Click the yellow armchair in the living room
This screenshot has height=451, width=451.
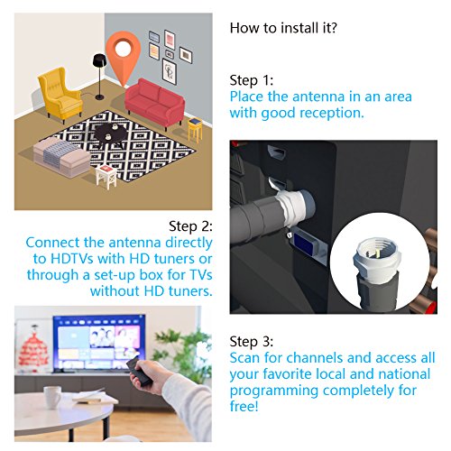60,95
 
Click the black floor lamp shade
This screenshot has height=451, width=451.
99,60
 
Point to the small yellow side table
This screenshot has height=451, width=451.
195,129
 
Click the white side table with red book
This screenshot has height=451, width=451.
106,177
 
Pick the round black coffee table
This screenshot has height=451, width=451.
111,133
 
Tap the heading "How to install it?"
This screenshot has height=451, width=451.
283,28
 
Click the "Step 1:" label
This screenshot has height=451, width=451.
252,80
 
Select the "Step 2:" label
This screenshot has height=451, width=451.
190,226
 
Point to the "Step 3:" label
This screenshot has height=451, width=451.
252,342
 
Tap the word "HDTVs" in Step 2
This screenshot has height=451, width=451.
72,259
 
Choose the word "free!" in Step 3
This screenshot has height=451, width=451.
244,406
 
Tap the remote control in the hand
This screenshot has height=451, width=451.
139,372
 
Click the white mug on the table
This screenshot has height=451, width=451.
52,397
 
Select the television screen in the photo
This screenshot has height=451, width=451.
98,343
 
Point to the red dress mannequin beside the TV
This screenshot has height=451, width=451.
33,346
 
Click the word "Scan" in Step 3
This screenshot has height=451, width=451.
244,358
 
